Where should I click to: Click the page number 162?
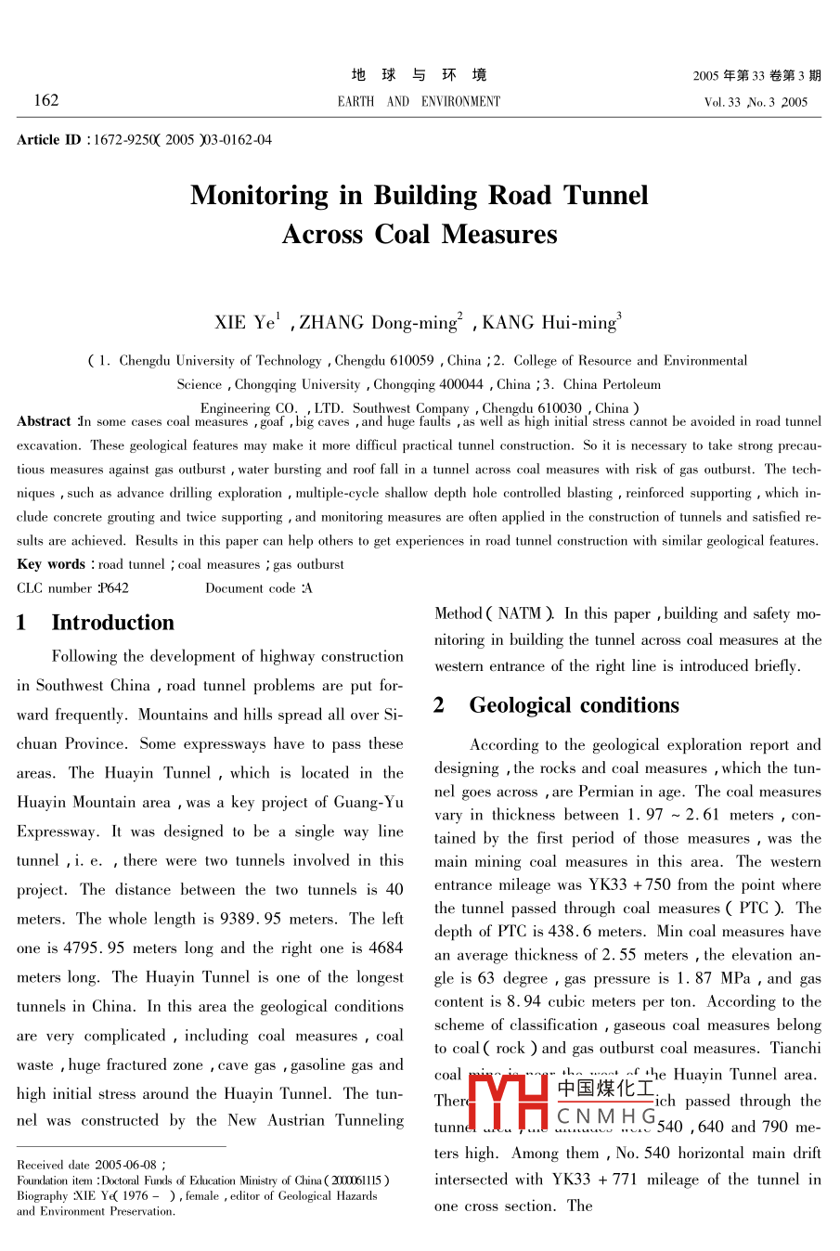(45, 100)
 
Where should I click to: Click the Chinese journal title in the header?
(419, 75)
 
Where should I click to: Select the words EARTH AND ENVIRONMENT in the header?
(419, 101)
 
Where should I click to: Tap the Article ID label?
(48, 140)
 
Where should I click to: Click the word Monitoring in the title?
(259, 195)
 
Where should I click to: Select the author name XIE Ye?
(247, 323)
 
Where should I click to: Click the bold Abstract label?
(44, 421)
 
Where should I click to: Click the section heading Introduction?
(112, 623)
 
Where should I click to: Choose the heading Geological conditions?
(574, 705)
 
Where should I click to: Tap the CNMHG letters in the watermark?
(607, 1116)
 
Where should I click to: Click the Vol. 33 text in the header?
(722, 102)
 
